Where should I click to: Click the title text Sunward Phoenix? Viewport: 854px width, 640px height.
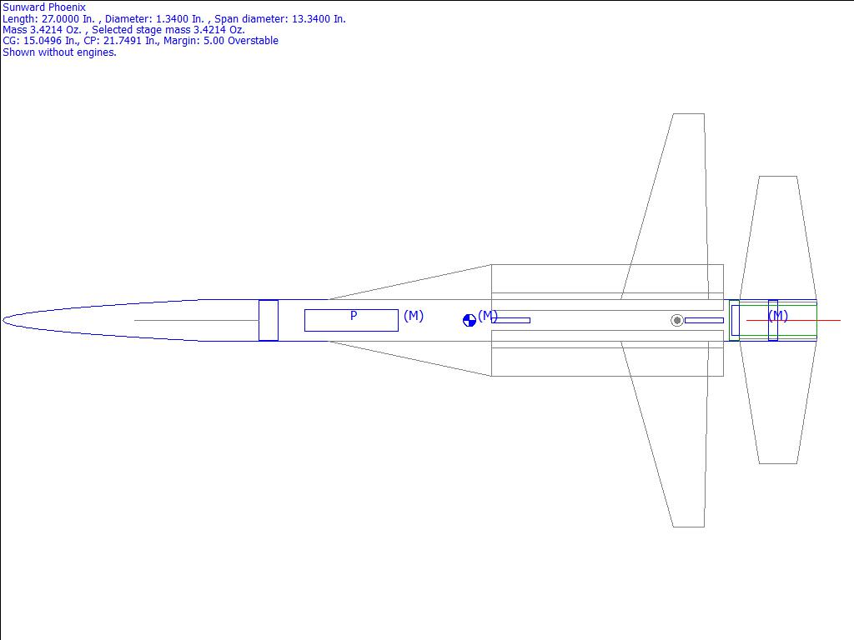click(x=44, y=7)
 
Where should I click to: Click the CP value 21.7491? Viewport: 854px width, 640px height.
click(x=123, y=41)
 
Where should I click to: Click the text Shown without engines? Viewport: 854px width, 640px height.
click(x=59, y=52)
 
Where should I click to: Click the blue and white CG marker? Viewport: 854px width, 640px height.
click(x=470, y=321)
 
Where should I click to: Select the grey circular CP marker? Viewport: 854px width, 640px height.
click(x=677, y=321)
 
